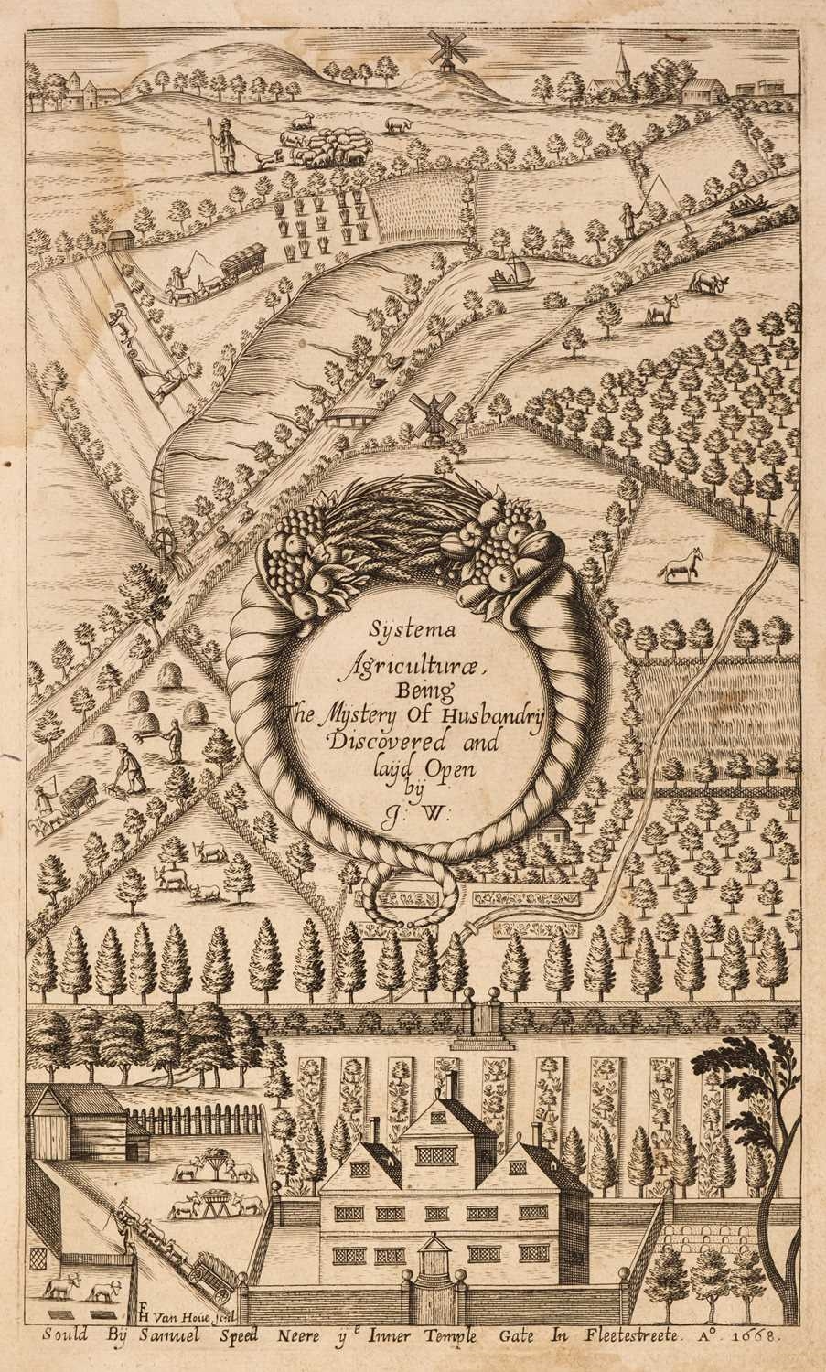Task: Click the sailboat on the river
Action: (510, 274)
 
